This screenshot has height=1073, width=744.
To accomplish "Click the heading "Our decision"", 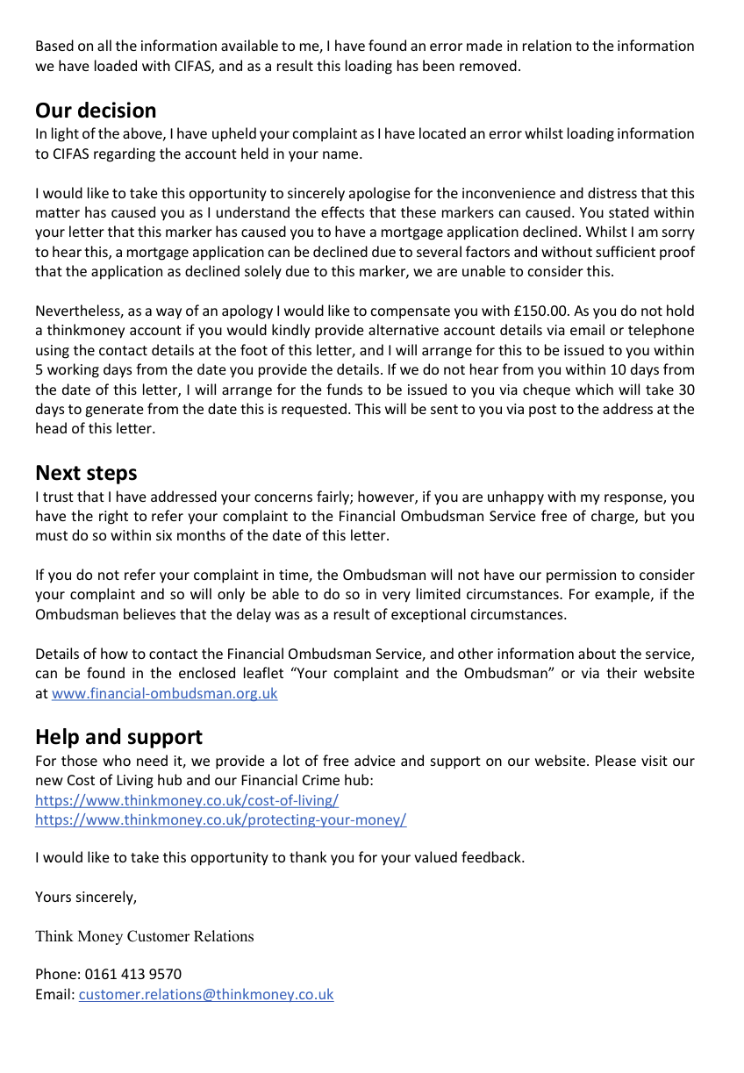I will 96,111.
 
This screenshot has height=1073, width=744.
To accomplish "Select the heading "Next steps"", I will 86,473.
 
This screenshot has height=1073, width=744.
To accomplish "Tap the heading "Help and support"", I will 118,736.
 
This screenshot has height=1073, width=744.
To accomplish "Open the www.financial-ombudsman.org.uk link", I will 164,693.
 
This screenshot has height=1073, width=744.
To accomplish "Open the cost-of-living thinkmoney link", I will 186,800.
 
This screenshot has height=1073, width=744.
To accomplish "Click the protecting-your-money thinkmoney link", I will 220,819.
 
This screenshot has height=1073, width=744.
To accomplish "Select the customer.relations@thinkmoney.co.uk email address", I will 206,994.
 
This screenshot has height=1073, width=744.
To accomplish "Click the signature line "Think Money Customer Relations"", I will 144,936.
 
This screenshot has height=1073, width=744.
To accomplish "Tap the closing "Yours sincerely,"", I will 86,897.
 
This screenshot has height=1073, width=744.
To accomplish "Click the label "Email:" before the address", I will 54,994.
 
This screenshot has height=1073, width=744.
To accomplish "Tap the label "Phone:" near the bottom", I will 57,974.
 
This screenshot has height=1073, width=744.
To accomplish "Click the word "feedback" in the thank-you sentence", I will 492,857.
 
